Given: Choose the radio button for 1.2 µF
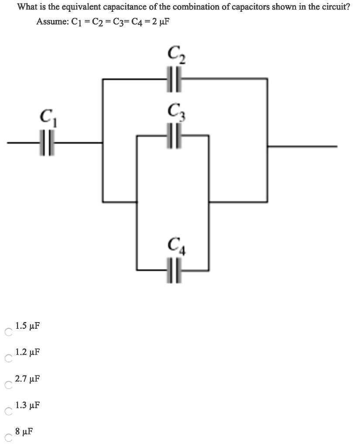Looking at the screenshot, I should [7, 359].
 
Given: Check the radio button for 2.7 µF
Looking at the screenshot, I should [7, 385].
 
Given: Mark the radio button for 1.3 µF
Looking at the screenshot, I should [7, 412].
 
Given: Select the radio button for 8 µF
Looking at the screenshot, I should [7, 438].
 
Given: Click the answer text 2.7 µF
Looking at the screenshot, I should [27, 378].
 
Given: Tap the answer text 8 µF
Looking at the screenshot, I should [24, 432].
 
